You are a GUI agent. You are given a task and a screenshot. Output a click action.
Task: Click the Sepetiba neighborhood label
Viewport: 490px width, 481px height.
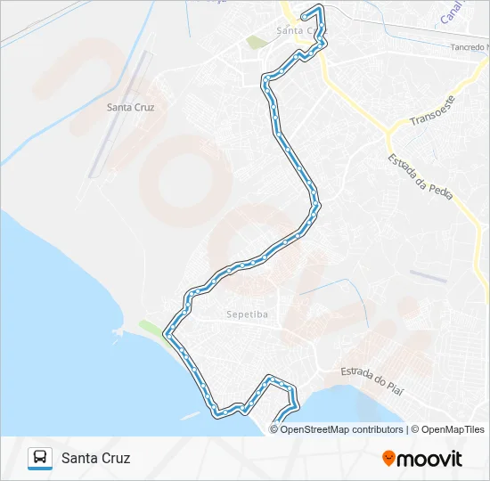247,314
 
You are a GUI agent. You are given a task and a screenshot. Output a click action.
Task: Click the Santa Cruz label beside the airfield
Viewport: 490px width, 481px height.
130,108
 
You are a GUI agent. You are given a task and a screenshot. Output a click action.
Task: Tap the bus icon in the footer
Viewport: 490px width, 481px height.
40,458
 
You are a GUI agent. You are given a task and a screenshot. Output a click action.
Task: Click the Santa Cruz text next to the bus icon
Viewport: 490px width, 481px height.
96,459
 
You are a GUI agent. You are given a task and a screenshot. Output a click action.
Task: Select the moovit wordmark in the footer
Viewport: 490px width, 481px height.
430,459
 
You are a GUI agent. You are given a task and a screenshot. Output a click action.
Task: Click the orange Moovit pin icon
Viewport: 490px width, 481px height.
388,459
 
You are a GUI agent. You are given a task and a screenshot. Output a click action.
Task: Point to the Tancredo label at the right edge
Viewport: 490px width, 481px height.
469,47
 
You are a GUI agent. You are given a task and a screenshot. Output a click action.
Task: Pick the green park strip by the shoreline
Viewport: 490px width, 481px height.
152,330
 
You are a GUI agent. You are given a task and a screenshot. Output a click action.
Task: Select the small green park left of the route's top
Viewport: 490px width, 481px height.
257,42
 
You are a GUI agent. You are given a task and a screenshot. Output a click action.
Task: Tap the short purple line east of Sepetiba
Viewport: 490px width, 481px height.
429,277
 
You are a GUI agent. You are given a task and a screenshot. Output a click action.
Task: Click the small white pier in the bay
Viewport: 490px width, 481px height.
191,415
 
